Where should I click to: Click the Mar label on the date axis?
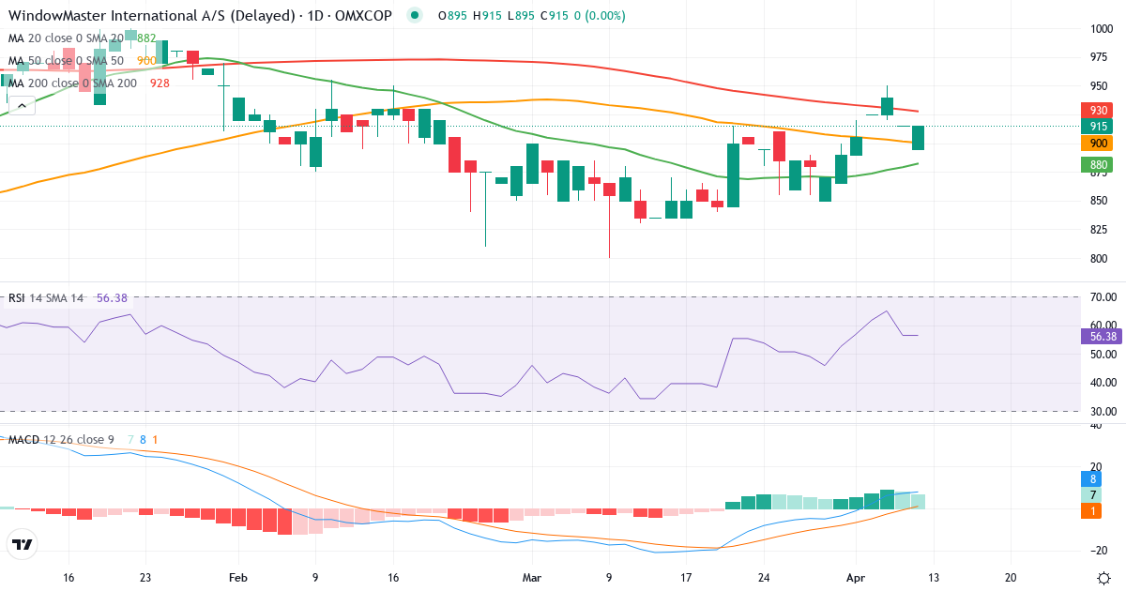click(532, 578)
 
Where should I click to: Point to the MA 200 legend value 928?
click(160, 83)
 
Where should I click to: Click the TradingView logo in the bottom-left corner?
click(23, 544)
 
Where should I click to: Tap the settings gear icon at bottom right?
click(1104, 577)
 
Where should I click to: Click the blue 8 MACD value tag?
click(1092, 478)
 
